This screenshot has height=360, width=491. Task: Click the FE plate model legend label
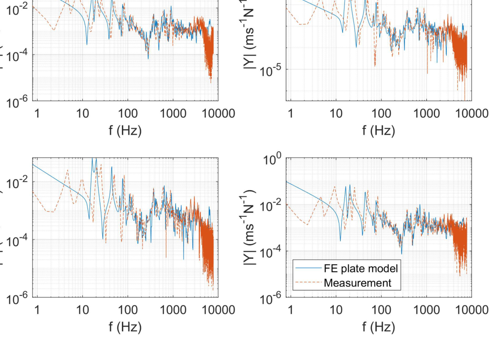[361, 268]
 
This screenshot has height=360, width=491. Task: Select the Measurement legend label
[357, 283]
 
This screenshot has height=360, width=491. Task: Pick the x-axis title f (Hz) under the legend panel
[378, 327]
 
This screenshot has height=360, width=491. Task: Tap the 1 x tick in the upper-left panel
[37, 115]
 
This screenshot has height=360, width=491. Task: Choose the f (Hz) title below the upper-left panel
[126, 131]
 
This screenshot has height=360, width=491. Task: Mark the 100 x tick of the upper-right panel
[381, 115]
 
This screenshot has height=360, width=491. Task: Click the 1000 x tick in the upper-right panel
[426, 115]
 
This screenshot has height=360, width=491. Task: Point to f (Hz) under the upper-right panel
[378, 131]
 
